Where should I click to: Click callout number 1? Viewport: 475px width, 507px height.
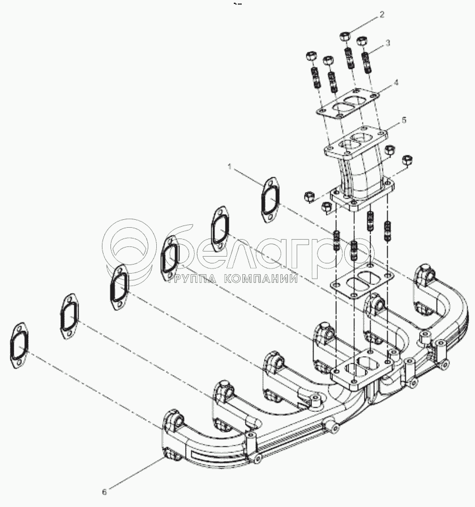point(230,167)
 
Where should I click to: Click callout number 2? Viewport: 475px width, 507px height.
point(382,15)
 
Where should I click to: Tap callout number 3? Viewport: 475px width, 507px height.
point(388,43)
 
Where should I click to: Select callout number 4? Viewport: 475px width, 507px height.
point(396,83)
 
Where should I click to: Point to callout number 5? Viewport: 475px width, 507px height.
point(404,120)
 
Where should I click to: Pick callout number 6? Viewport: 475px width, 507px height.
point(104,492)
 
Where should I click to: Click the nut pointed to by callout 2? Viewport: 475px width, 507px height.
point(344,36)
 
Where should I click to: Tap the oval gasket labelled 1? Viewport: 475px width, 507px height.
point(270,200)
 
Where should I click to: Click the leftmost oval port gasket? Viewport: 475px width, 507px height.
point(19,345)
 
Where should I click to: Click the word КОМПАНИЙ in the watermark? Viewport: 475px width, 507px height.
point(260,278)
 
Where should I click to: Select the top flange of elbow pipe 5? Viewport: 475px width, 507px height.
point(356,142)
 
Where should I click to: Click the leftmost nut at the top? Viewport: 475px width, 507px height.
point(310,56)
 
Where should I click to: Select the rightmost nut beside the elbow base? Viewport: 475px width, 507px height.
point(408,160)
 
